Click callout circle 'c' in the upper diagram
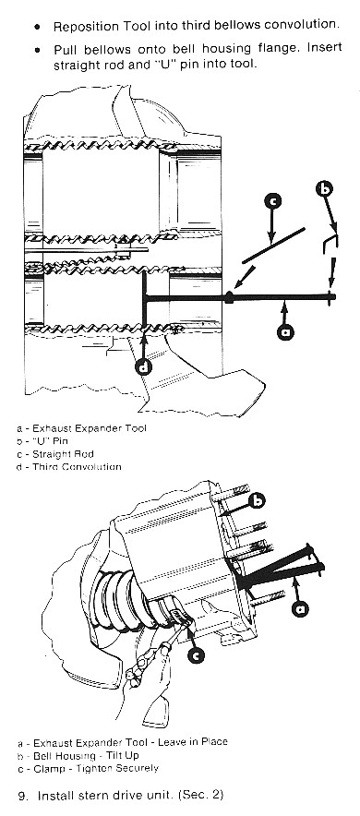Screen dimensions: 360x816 [x=272, y=201]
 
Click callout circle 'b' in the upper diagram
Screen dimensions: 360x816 [x=324, y=188]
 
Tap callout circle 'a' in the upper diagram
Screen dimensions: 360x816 [x=284, y=331]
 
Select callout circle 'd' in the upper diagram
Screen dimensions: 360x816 [x=144, y=366]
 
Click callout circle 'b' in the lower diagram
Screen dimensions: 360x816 [x=257, y=500]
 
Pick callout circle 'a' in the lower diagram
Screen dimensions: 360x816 [x=300, y=607]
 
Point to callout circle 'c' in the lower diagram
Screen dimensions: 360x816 [x=195, y=656]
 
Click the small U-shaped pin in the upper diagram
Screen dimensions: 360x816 [x=330, y=243]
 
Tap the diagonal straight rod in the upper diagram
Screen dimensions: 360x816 [x=273, y=246]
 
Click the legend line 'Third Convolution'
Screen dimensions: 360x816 [x=68, y=467]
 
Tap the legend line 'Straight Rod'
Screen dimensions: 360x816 [x=54, y=454]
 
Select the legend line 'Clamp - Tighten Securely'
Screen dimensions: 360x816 [x=88, y=768]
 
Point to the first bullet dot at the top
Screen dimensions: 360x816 [x=37, y=26]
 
